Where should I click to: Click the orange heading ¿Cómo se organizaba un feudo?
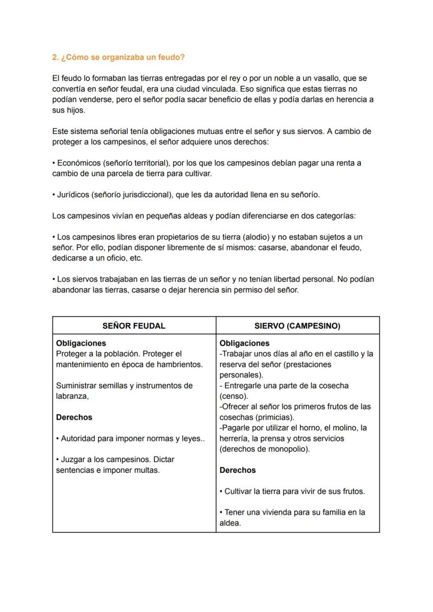tap(118, 57)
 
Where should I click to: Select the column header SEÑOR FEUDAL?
tap(134, 326)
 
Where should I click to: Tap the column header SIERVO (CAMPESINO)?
tap(297, 326)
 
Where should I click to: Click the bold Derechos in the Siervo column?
tap(237, 470)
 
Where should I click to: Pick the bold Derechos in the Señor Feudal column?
tap(74, 417)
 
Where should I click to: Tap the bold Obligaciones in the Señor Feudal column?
tap(81, 343)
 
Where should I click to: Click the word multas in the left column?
tap(147, 470)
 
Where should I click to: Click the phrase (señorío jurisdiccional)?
tap(132, 195)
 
